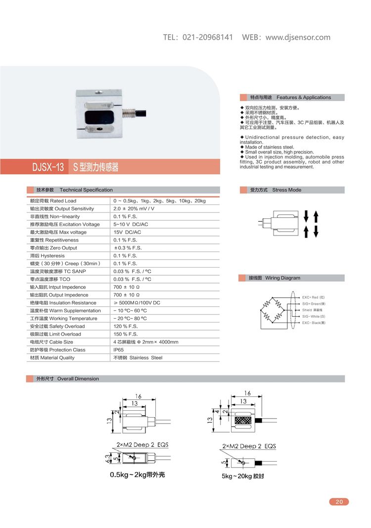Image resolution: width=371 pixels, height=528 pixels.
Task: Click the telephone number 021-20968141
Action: coord(208,37)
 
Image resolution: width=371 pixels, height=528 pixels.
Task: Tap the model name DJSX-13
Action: coord(48,167)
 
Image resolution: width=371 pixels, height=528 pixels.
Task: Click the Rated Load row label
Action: coord(53,201)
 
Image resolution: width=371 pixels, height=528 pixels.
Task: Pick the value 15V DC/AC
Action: coord(127,232)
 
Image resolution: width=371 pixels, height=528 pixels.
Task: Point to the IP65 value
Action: coord(119,350)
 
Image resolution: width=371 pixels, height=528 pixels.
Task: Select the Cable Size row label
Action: coord(51,342)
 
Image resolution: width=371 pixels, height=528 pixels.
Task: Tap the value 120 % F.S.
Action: coord(126,326)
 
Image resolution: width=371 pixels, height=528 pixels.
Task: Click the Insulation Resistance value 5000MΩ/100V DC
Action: coord(137,303)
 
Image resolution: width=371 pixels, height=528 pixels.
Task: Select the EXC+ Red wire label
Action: coord(314,297)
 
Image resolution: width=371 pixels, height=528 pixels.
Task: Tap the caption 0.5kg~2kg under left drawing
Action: coord(137,476)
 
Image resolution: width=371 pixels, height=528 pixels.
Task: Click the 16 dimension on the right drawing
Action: coord(247,393)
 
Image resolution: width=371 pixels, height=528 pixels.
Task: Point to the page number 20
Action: coord(339,502)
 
